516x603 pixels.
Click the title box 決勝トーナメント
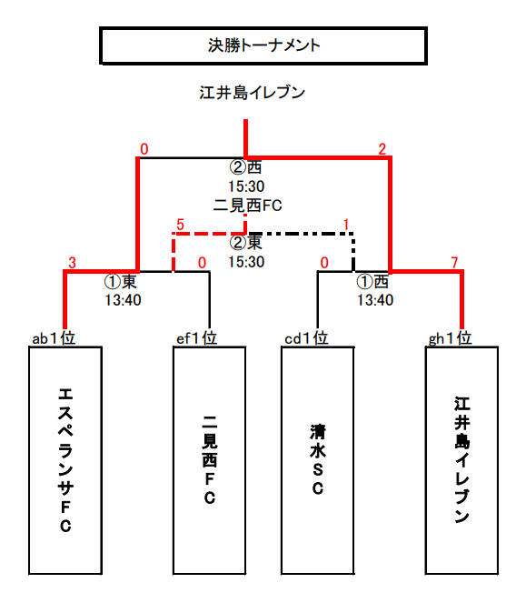click(x=263, y=45)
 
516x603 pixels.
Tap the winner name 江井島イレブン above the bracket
click(x=252, y=93)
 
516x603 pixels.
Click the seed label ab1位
click(x=54, y=338)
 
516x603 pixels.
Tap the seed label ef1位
click(x=197, y=338)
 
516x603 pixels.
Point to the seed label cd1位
click(x=306, y=338)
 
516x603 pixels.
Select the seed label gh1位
click(x=450, y=338)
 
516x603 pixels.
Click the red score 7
click(x=454, y=263)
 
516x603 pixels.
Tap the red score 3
click(x=73, y=263)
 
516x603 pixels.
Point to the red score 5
click(x=180, y=225)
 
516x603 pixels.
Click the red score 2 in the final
click(x=382, y=149)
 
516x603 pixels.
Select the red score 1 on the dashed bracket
click(x=346, y=225)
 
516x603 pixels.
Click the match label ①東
click(x=120, y=282)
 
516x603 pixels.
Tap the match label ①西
click(x=372, y=282)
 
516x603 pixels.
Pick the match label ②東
click(x=246, y=242)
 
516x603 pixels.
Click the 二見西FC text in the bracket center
click(x=247, y=206)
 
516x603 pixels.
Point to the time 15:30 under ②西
click(x=246, y=186)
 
